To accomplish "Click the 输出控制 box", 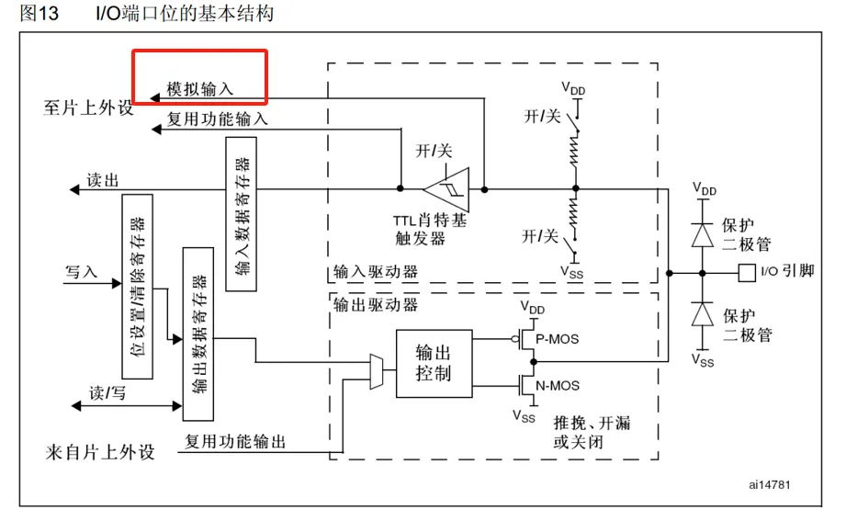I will point(434,363).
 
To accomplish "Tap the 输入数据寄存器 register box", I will point(242,214).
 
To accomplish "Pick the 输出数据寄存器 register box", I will point(198,333).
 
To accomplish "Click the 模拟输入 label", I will point(200,89).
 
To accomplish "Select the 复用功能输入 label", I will point(218,119).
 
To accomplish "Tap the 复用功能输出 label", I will point(235,442).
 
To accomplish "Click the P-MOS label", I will point(557,338).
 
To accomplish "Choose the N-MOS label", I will point(557,385).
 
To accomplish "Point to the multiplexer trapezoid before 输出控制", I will point(377,370).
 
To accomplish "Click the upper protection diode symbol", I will point(704,232).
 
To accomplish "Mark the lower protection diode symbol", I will point(704,314).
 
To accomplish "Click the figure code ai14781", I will point(769,483).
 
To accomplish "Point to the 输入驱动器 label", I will point(376,272).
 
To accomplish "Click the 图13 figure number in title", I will point(40,14).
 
